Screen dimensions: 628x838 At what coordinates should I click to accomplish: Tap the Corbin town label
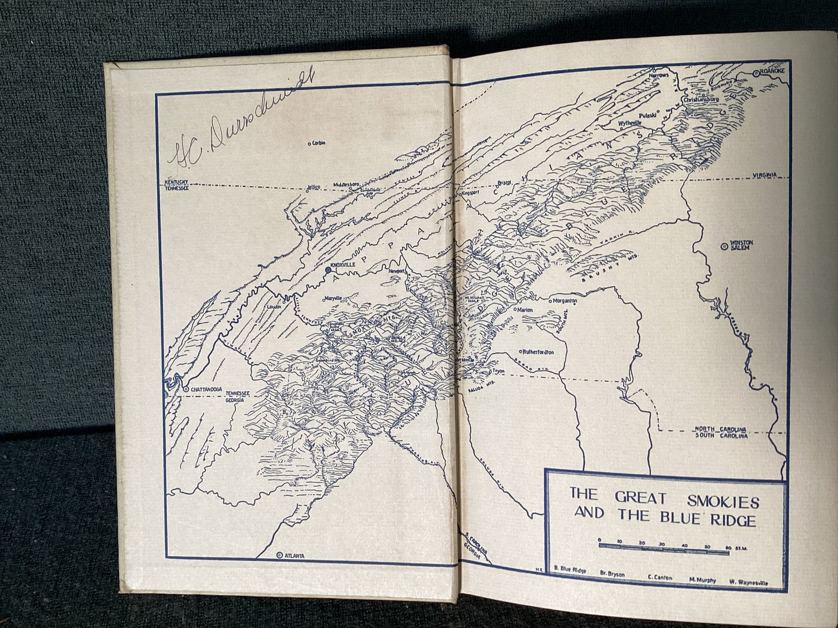coord(318,143)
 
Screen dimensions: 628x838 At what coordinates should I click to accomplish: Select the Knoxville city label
coord(342,265)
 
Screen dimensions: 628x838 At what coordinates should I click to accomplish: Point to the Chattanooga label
coord(206,390)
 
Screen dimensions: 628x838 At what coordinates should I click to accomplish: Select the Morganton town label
coord(565,301)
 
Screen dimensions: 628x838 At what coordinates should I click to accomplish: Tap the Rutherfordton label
coord(539,351)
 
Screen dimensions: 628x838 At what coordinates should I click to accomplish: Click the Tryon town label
coord(498,372)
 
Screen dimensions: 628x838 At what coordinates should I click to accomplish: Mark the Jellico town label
coord(313,187)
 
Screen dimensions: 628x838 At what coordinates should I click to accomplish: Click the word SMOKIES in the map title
coord(723,502)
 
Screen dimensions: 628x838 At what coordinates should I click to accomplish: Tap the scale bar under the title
coord(665,546)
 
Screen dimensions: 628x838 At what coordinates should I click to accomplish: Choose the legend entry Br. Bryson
coord(612,574)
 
